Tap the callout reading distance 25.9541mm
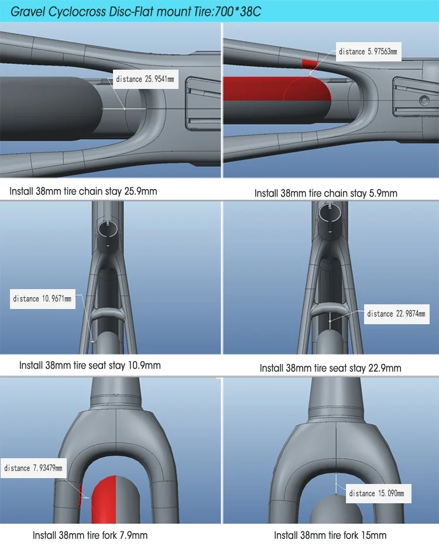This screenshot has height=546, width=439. coord(145,79)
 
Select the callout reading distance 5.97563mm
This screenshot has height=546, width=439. coord(368,51)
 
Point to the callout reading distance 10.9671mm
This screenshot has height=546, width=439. coord(43,298)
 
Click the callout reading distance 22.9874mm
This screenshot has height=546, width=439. coord(397,314)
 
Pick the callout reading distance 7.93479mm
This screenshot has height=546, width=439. coord(33,468)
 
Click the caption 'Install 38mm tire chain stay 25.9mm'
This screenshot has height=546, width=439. coord(83,191)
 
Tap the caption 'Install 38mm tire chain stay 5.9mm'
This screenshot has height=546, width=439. coord(325,193)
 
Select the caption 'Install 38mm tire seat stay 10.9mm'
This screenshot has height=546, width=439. coord(90,365)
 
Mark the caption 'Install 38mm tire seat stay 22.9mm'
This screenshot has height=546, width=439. coord(330,368)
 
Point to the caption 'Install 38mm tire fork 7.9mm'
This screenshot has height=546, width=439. coord(90,535)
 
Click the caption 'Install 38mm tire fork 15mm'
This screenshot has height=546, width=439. coord(330,535)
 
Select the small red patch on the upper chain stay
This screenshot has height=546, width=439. coord(308,64)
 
